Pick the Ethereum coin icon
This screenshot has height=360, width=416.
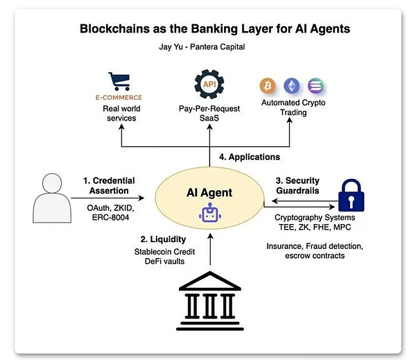[x=291, y=87]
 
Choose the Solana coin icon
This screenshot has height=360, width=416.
[x=315, y=87]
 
